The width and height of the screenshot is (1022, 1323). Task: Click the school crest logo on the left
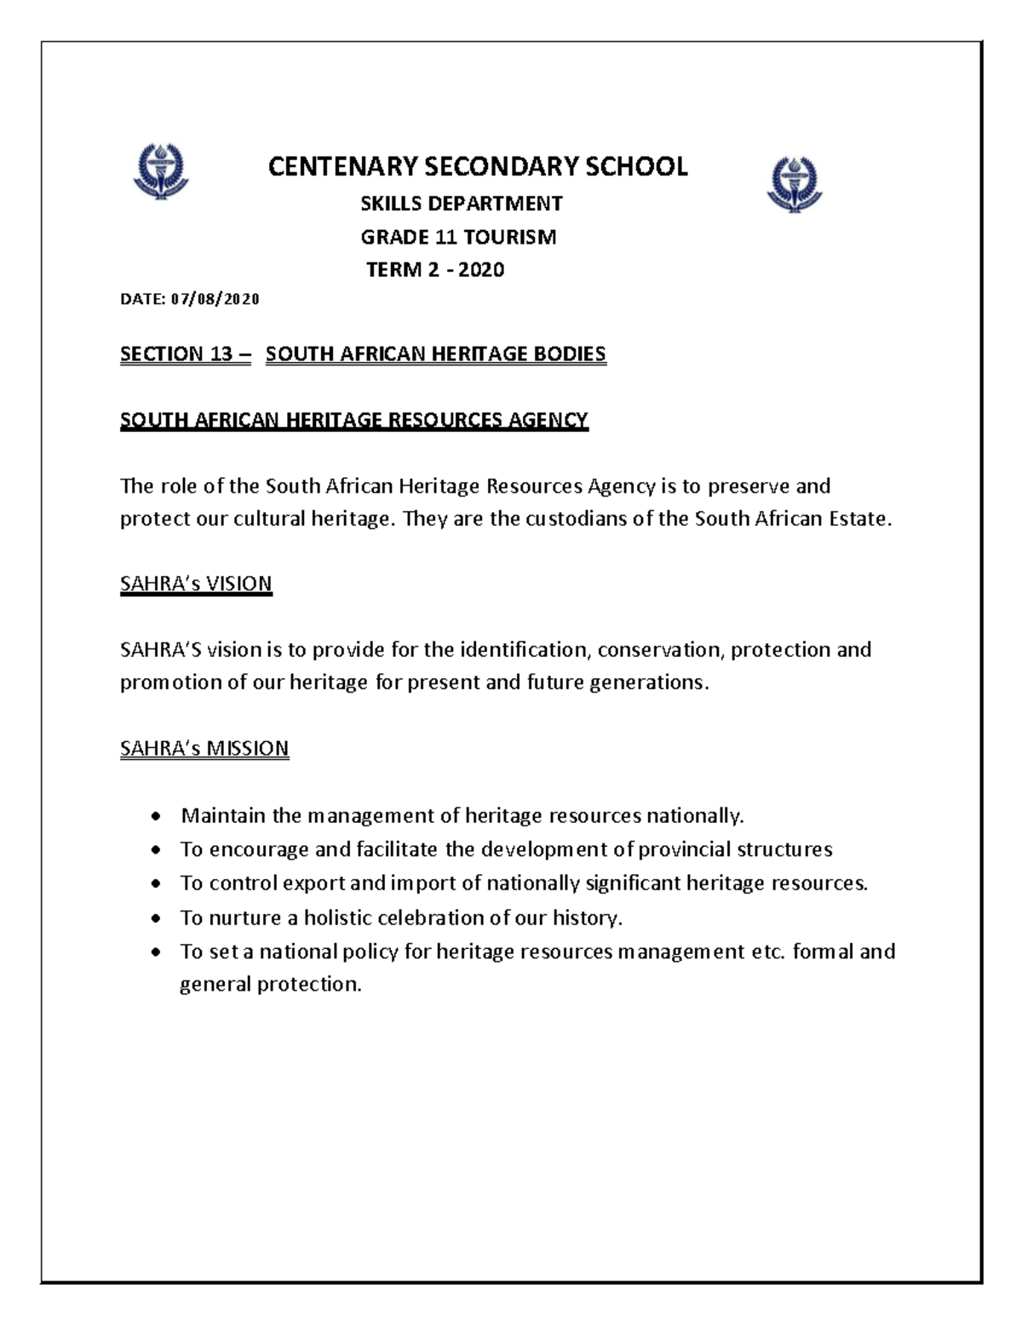click(x=160, y=170)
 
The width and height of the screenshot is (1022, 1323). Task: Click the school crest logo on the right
click(x=794, y=183)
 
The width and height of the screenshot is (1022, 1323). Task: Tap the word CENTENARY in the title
click(x=343, y=166)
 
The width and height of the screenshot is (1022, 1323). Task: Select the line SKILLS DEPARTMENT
click(x=461, y=204)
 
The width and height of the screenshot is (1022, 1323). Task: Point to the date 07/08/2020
click(x=215, y=299)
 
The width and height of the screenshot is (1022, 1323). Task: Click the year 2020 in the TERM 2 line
click(x=481, y=270)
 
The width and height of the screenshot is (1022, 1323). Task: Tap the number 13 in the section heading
click(x=221, y=354)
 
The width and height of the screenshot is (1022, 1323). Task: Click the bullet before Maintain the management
click(x=155, y=817)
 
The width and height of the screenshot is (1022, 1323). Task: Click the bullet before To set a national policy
click(x=155, y=952)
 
